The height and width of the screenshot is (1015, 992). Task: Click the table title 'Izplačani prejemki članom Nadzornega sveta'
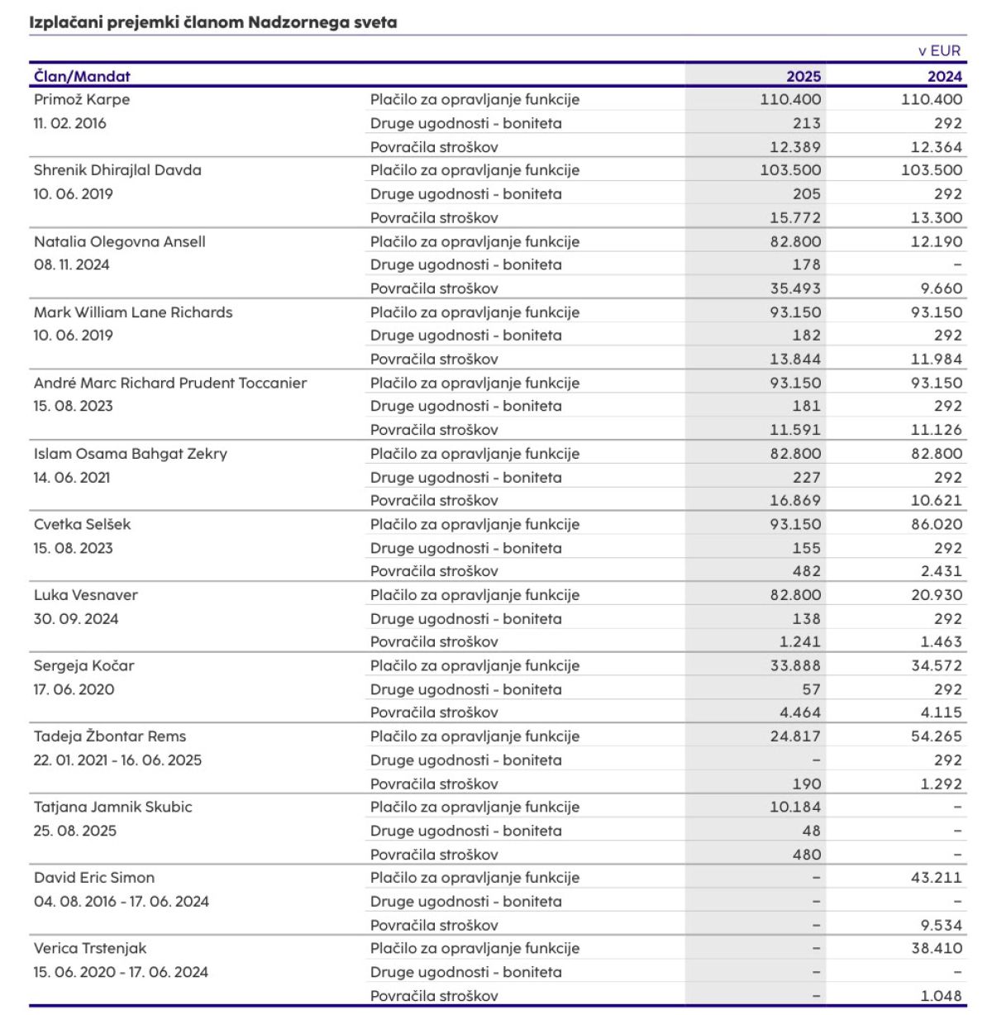click(x=213, y=22)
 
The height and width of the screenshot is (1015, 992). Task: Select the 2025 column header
click(x=803, y=76)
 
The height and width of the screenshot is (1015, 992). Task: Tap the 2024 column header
click(x=944, y=76)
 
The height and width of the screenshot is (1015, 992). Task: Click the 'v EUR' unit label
click(x=939, y=50)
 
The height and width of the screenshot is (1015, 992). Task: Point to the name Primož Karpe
click(x=82, y=99)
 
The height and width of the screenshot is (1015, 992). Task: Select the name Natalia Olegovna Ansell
click(x=120, y=241)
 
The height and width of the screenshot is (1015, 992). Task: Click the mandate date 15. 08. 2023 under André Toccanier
click(x=74, y=406)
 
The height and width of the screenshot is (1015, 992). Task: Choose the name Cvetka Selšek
click(x=83, y=524)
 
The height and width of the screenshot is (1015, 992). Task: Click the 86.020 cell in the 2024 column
click(x=936, y=524)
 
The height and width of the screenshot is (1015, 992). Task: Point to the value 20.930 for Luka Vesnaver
click(x=936, y=595)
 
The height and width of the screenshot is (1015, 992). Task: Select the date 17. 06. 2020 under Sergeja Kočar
click(x=74, y=689)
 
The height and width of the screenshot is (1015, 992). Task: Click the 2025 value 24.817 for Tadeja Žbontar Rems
click(x=794, y=736)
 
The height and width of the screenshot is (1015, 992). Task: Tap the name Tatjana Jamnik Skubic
click(x=113, y=807)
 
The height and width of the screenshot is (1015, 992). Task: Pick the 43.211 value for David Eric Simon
click(x=936, y=878)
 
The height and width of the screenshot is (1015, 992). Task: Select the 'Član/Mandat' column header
click(x=82, y=76)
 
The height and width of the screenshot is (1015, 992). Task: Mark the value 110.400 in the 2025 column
click(x=790, y=99)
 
